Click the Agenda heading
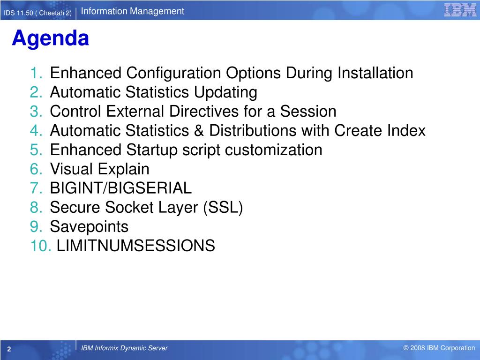[51, 39]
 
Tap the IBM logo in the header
[460, 10]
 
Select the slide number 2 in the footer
[9, 349]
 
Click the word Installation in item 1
[375, 73]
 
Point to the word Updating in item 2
[225, 93]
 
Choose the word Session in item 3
[308, 112]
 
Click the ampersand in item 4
[199, 131]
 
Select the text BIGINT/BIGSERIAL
[121, 188]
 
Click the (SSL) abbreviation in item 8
[223, 208]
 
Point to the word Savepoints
[89, 227]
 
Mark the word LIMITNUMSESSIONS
[136, 246]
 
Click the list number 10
[41, 246]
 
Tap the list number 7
[36, 188]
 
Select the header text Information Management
[132, 11]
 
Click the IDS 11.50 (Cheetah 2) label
[37, 13]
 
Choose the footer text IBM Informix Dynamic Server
[124, 348]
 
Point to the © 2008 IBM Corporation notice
[439, 348]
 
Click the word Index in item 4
[406, 131]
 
